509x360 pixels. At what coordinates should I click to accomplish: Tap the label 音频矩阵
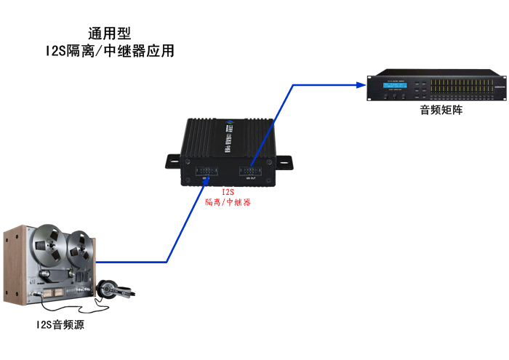pos(441,110)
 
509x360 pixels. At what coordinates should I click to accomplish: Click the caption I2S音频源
pos(60,325)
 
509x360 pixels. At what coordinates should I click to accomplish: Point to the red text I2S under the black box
pos(228,193)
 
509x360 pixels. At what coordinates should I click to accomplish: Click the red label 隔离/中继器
pos(228,203)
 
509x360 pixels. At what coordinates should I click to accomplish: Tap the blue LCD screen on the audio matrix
pos(395,87)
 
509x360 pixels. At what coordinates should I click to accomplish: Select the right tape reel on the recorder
pos(78,247)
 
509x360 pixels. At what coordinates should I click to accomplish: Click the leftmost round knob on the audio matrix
pos(388,97)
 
